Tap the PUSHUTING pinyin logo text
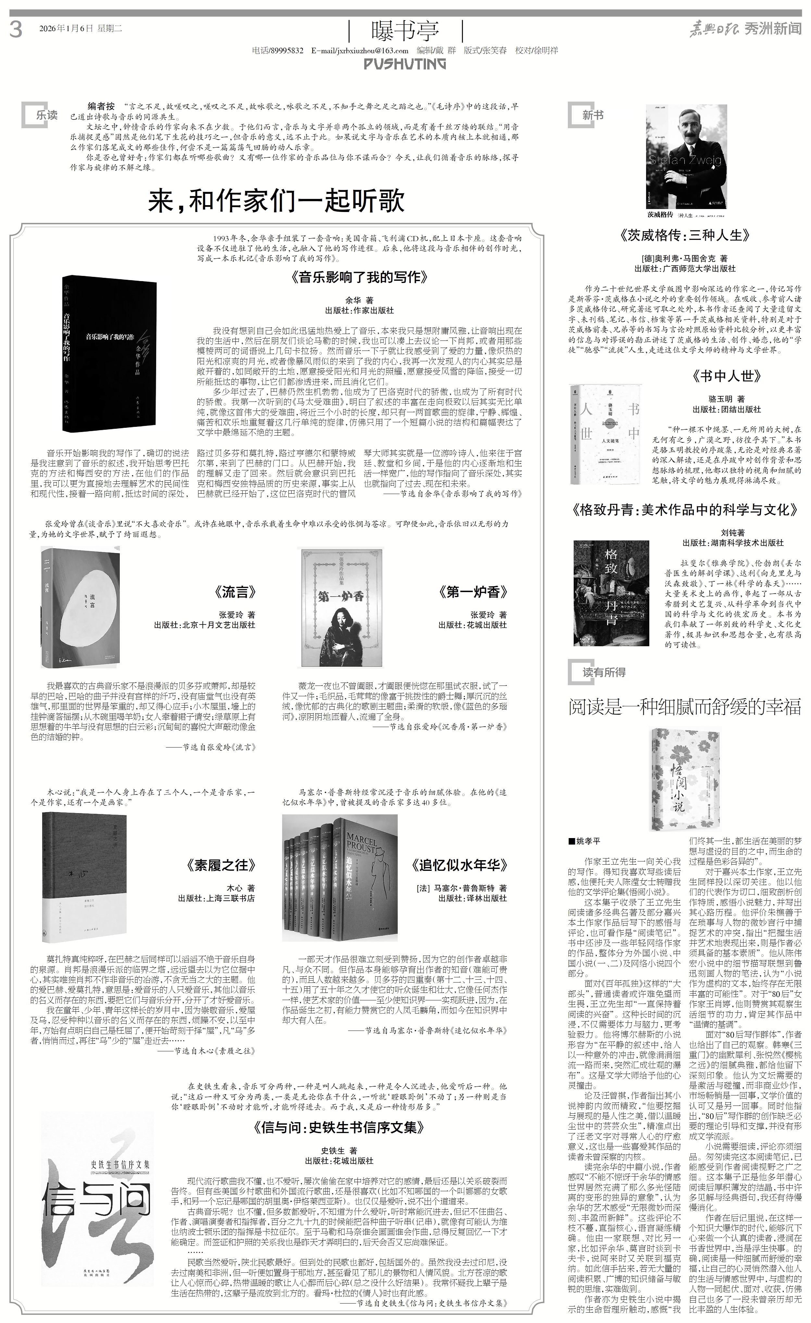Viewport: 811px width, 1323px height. (405, 64)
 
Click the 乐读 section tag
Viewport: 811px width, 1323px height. (42, 115)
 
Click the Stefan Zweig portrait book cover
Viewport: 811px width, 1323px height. (686, 157)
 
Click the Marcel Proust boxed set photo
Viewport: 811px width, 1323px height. (340, 877)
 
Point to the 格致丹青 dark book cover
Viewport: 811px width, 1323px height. (611, 593)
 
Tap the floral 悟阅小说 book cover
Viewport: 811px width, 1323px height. (678, 779)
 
